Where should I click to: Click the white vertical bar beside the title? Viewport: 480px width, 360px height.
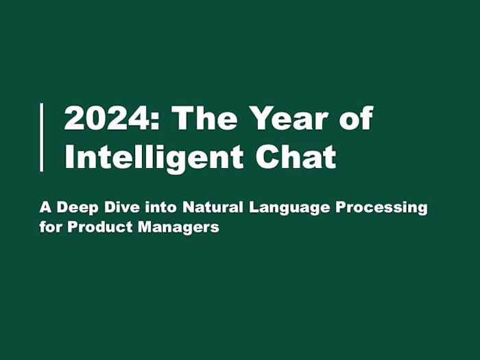click(x=42, y=137)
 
